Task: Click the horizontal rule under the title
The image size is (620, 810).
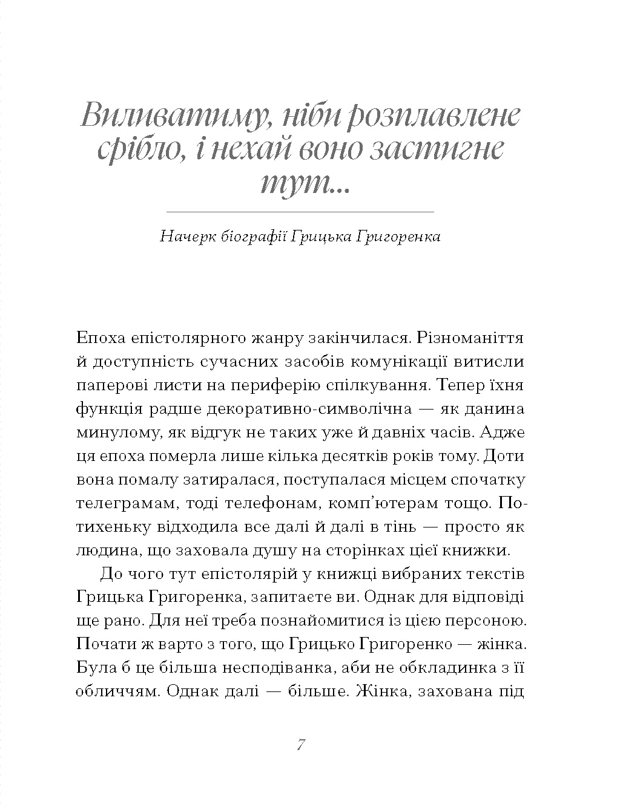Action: [300, 212]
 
